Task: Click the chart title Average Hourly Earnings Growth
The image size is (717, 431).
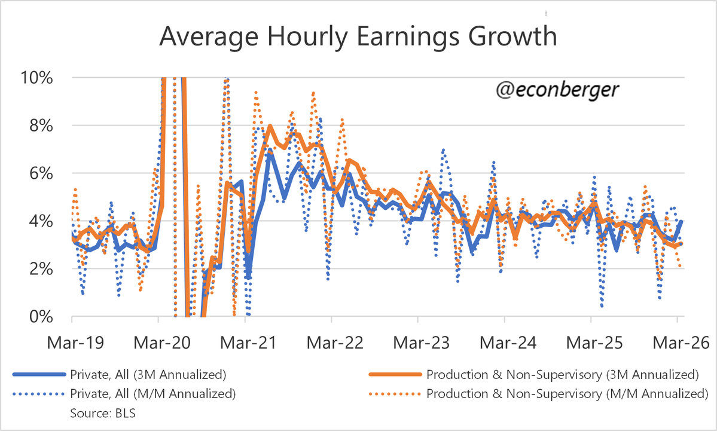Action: [x=358, y=37]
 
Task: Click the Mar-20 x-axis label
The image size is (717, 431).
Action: [x=159, y=343]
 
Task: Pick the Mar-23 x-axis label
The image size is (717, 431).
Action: [x=418, y=343]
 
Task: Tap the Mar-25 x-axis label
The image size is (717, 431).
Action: [x=591, y=343]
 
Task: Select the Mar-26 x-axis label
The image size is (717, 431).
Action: [x=677, y=343]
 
